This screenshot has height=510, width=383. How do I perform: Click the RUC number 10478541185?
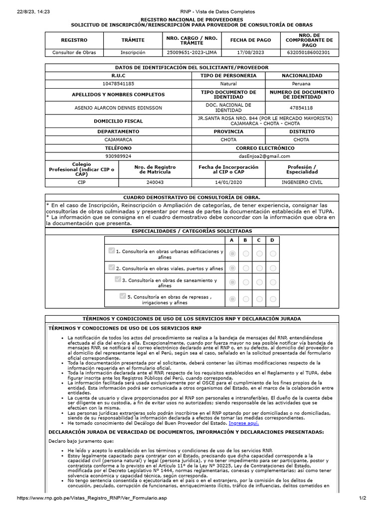point(118,84)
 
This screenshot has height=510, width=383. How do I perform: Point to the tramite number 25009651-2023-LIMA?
point(184,52)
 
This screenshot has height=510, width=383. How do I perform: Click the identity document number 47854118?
point(302,107)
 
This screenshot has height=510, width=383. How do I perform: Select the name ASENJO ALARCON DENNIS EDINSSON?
point(118,107)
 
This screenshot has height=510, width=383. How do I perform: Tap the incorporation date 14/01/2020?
point(228,182)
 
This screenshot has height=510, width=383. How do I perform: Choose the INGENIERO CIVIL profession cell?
point(302,182)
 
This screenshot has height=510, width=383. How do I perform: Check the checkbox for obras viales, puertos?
point(112,267)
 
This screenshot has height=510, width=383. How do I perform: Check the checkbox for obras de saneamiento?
point(118,279)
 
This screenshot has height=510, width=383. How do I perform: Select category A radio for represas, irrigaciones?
point(232,299)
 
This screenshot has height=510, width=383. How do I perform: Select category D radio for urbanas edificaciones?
point(272,254)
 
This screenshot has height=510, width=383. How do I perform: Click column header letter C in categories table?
point(259,241)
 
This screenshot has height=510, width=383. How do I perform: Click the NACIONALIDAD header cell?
point(302,75)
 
